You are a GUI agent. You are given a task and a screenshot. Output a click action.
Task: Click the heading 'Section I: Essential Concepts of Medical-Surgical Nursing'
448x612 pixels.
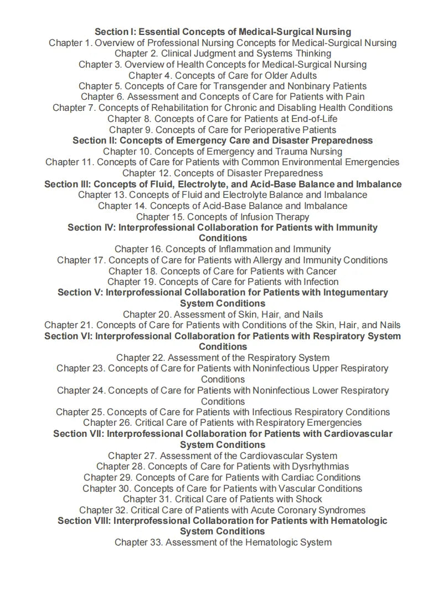click(223, 32)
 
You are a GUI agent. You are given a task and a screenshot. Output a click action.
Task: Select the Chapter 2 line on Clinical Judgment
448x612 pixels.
click(223, 53)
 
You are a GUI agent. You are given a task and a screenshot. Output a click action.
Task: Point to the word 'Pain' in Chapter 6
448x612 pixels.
click(354, 97)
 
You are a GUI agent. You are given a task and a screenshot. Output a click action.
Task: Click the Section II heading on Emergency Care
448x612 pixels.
click(223, 140)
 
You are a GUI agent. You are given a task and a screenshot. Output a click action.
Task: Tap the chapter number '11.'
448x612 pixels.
click(88, 162)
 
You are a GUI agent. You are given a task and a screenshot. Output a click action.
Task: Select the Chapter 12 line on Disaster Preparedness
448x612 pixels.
click(223, 173)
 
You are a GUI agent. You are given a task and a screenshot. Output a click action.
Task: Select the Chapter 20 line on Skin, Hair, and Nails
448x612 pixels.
click(223, 314)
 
